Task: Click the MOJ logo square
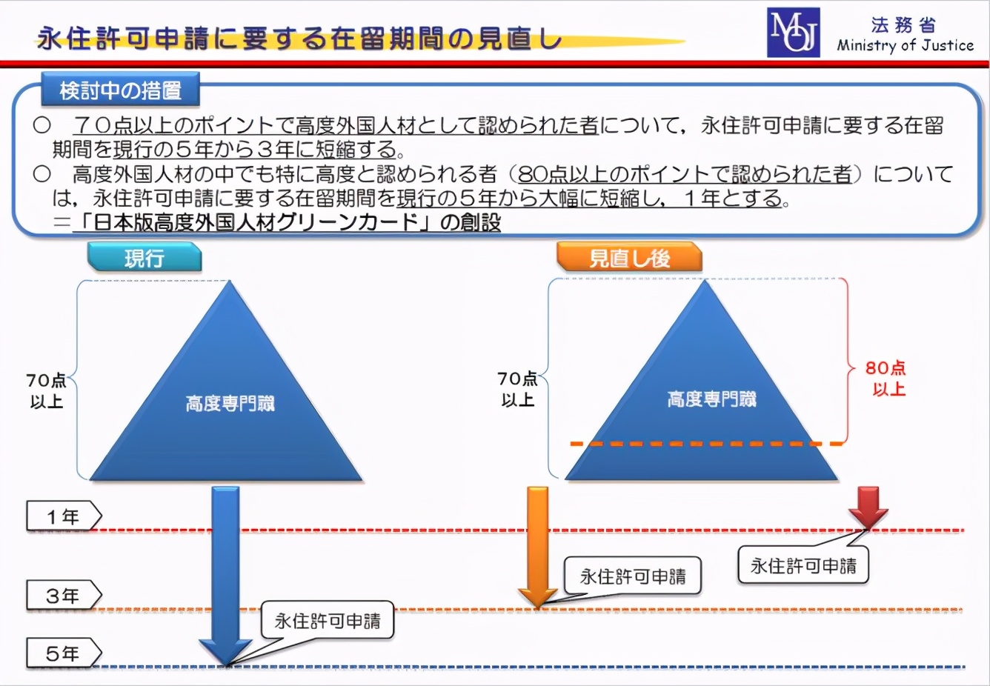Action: (793, 33)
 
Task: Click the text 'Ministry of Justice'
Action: (905, 45)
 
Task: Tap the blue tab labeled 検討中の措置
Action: (121, 90)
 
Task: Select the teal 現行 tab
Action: (144, 258)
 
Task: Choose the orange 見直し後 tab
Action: (629, 258)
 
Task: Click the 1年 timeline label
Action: (64, 516)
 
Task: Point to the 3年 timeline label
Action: (64, 596)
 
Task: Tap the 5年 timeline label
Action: (64, 653)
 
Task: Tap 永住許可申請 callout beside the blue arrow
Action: (328, 621)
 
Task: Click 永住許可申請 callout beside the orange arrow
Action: (632, 576)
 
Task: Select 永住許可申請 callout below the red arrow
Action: (803, 566)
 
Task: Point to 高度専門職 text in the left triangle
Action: (230, 403)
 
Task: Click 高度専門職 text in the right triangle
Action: (711, 399)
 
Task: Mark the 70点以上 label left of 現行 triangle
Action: (46, 391)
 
